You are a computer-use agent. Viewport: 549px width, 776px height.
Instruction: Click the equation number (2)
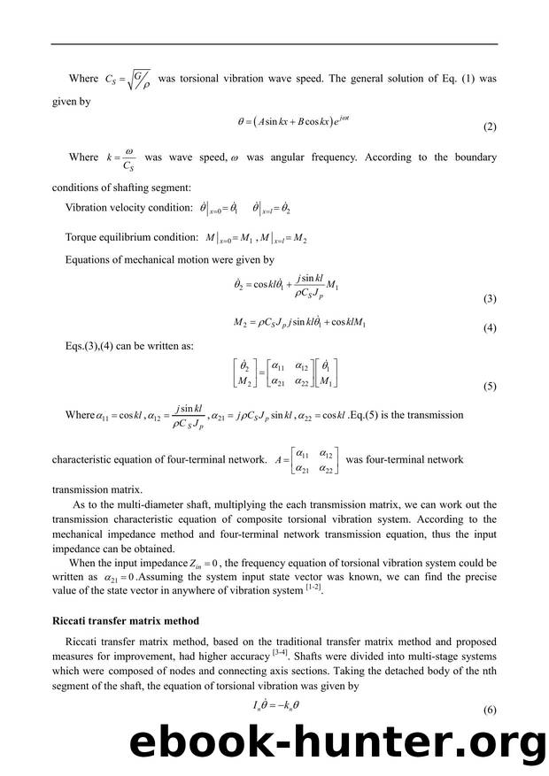coord(490,127)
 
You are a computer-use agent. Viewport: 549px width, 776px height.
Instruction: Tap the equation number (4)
coord(490,328)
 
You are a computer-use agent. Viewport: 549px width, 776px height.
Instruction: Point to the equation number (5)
coord(490,388)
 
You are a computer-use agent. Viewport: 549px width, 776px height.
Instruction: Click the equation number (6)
coord(490,711)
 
